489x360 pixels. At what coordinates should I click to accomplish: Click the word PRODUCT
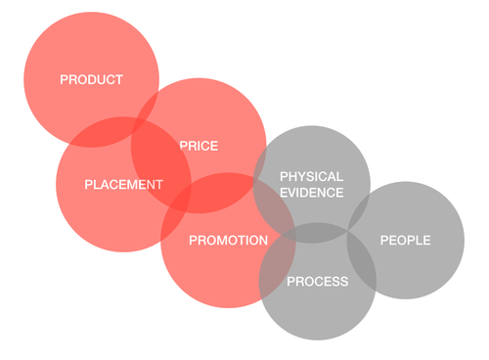click(x=91, y=80)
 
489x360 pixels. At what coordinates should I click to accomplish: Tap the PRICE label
click(x=199, y=146)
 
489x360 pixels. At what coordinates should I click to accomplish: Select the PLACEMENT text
click(x=123, y=184)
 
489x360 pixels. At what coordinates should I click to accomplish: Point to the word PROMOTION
click(x=228, y=240)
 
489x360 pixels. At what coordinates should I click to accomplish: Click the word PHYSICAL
click(x=312, y=176)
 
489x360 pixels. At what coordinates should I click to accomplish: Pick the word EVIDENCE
click(x=312, y=193)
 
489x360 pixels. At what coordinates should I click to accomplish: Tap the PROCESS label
click(x=317, y=282)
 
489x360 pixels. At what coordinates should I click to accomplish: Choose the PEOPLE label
click(x=405, y=240)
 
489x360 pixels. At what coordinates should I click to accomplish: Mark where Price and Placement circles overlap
click(x=161, y=162)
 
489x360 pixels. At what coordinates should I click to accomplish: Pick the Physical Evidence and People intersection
click(x=359, y=207)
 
